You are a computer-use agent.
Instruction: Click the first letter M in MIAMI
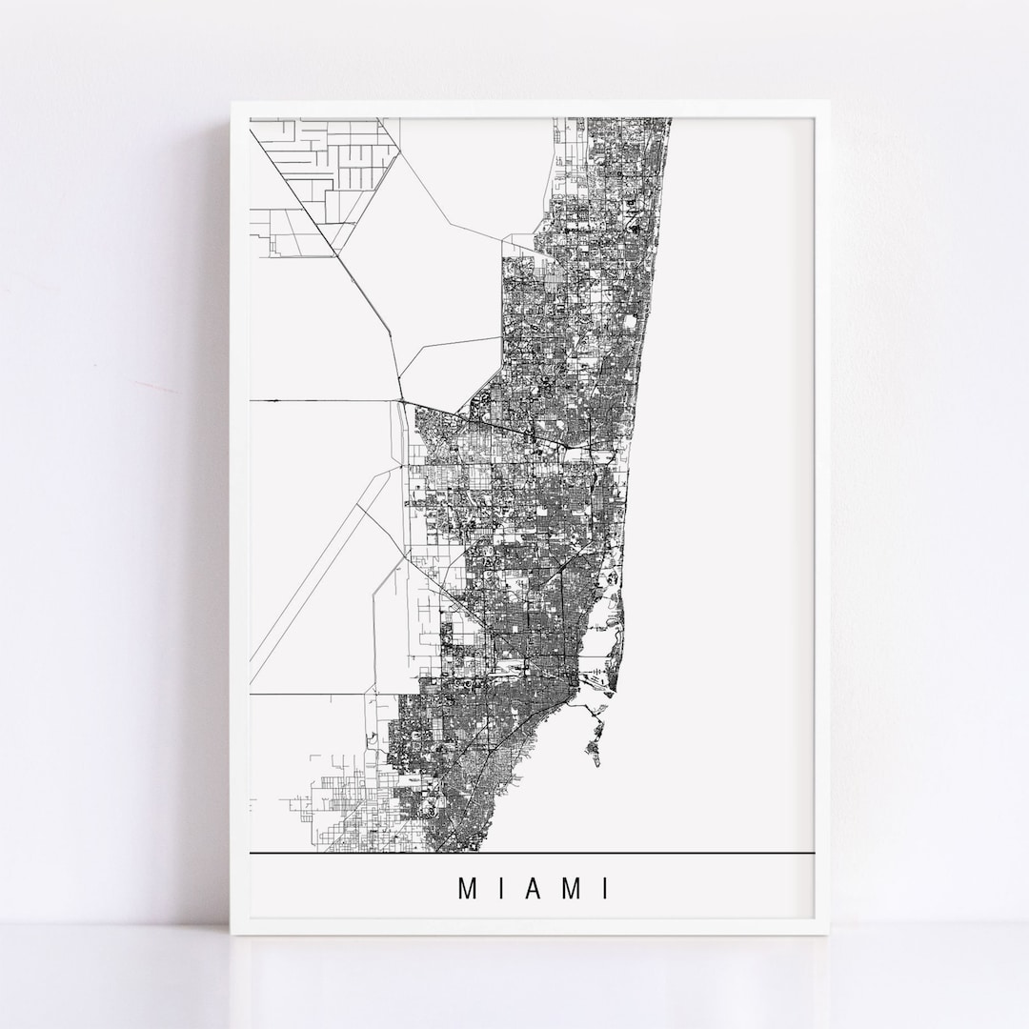[x=468, y=889]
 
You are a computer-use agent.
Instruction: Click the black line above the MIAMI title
[x=534, y=852]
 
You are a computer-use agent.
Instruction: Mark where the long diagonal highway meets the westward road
[x=398, y=400]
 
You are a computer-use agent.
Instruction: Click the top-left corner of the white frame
[x=232, y=101]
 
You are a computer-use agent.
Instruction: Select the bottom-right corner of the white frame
[x=827, y=937]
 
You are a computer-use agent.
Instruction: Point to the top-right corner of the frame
[x=827, y=101]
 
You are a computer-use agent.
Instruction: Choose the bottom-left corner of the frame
[x=232, y=937]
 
